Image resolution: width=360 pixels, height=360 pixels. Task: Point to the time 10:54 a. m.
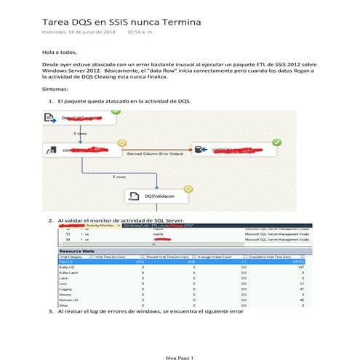pyautogui.click(x=143, y=33)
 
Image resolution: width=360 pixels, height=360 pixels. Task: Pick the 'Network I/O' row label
pyautogui.click(x=68, y=298)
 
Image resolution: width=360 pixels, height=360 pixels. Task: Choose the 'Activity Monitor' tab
pyautogui.click(x=100, y=225)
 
